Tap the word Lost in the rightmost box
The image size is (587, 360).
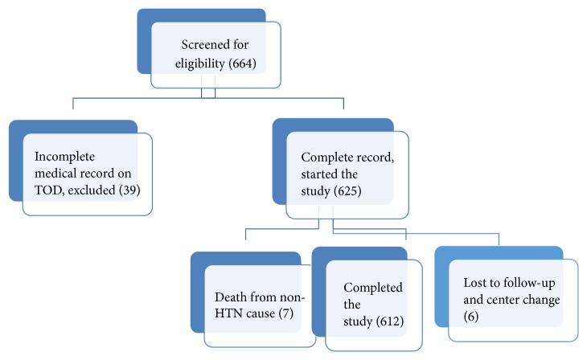[476, 284]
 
